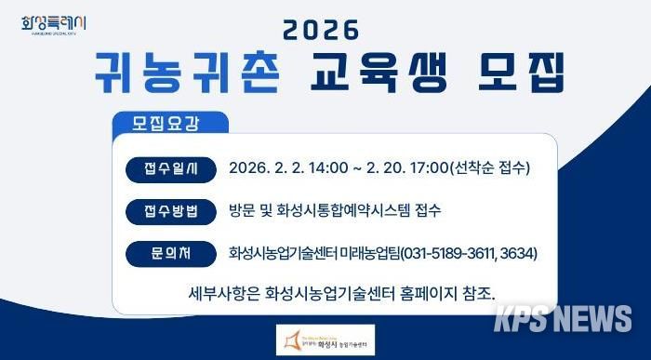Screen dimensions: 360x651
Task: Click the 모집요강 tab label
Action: point(166,122)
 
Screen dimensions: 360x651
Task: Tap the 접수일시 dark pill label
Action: point(171,168)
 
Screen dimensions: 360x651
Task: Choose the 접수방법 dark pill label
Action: point(171,210)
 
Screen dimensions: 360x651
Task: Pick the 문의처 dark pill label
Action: point(171,252)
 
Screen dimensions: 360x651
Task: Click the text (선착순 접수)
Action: point(489,168)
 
